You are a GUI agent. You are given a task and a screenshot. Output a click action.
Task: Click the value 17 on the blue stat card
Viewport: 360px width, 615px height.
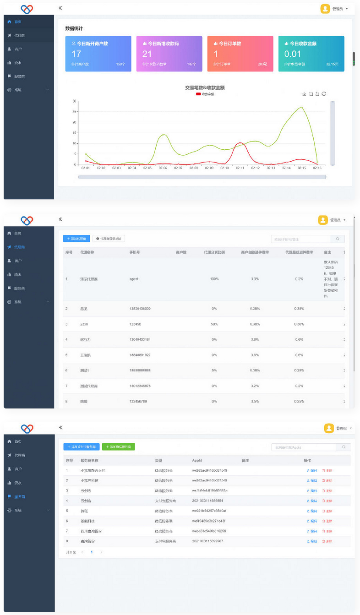point(76,54)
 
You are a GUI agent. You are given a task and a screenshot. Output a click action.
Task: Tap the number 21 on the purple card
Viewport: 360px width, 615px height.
point(147,54)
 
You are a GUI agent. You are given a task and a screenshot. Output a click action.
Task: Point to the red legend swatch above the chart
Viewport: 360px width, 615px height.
point(198,94)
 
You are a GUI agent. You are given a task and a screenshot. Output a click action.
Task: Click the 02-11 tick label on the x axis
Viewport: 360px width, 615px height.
point(240,168)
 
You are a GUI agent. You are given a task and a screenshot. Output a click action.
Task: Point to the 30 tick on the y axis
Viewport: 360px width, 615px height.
point(74,101)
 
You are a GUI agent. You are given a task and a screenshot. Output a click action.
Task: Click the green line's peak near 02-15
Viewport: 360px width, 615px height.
point(301,108)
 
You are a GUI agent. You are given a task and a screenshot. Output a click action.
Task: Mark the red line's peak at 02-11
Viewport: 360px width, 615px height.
point(239,143)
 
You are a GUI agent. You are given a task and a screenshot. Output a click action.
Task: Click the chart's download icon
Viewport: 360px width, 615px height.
point(304,94)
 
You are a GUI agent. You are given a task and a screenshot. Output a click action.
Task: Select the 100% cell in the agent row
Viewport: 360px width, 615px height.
point(214,279)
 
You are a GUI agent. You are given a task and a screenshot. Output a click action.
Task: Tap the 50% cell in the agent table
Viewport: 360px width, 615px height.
point(214,324)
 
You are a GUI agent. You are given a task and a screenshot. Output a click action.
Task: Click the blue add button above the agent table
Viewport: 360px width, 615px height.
point(76,239)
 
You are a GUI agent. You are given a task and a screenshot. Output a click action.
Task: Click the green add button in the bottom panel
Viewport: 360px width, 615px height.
point(118,446)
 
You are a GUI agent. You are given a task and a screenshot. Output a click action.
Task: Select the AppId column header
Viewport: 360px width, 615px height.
point(197,460)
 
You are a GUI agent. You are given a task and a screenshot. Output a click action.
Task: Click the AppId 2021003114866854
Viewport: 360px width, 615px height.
point(207,501)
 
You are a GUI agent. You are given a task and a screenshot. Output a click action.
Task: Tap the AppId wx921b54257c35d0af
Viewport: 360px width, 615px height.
point(209,511)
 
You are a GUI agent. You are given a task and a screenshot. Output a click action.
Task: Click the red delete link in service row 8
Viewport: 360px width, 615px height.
point(327,541)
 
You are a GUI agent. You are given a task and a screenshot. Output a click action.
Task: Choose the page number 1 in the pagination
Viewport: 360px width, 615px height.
point(92,552)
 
